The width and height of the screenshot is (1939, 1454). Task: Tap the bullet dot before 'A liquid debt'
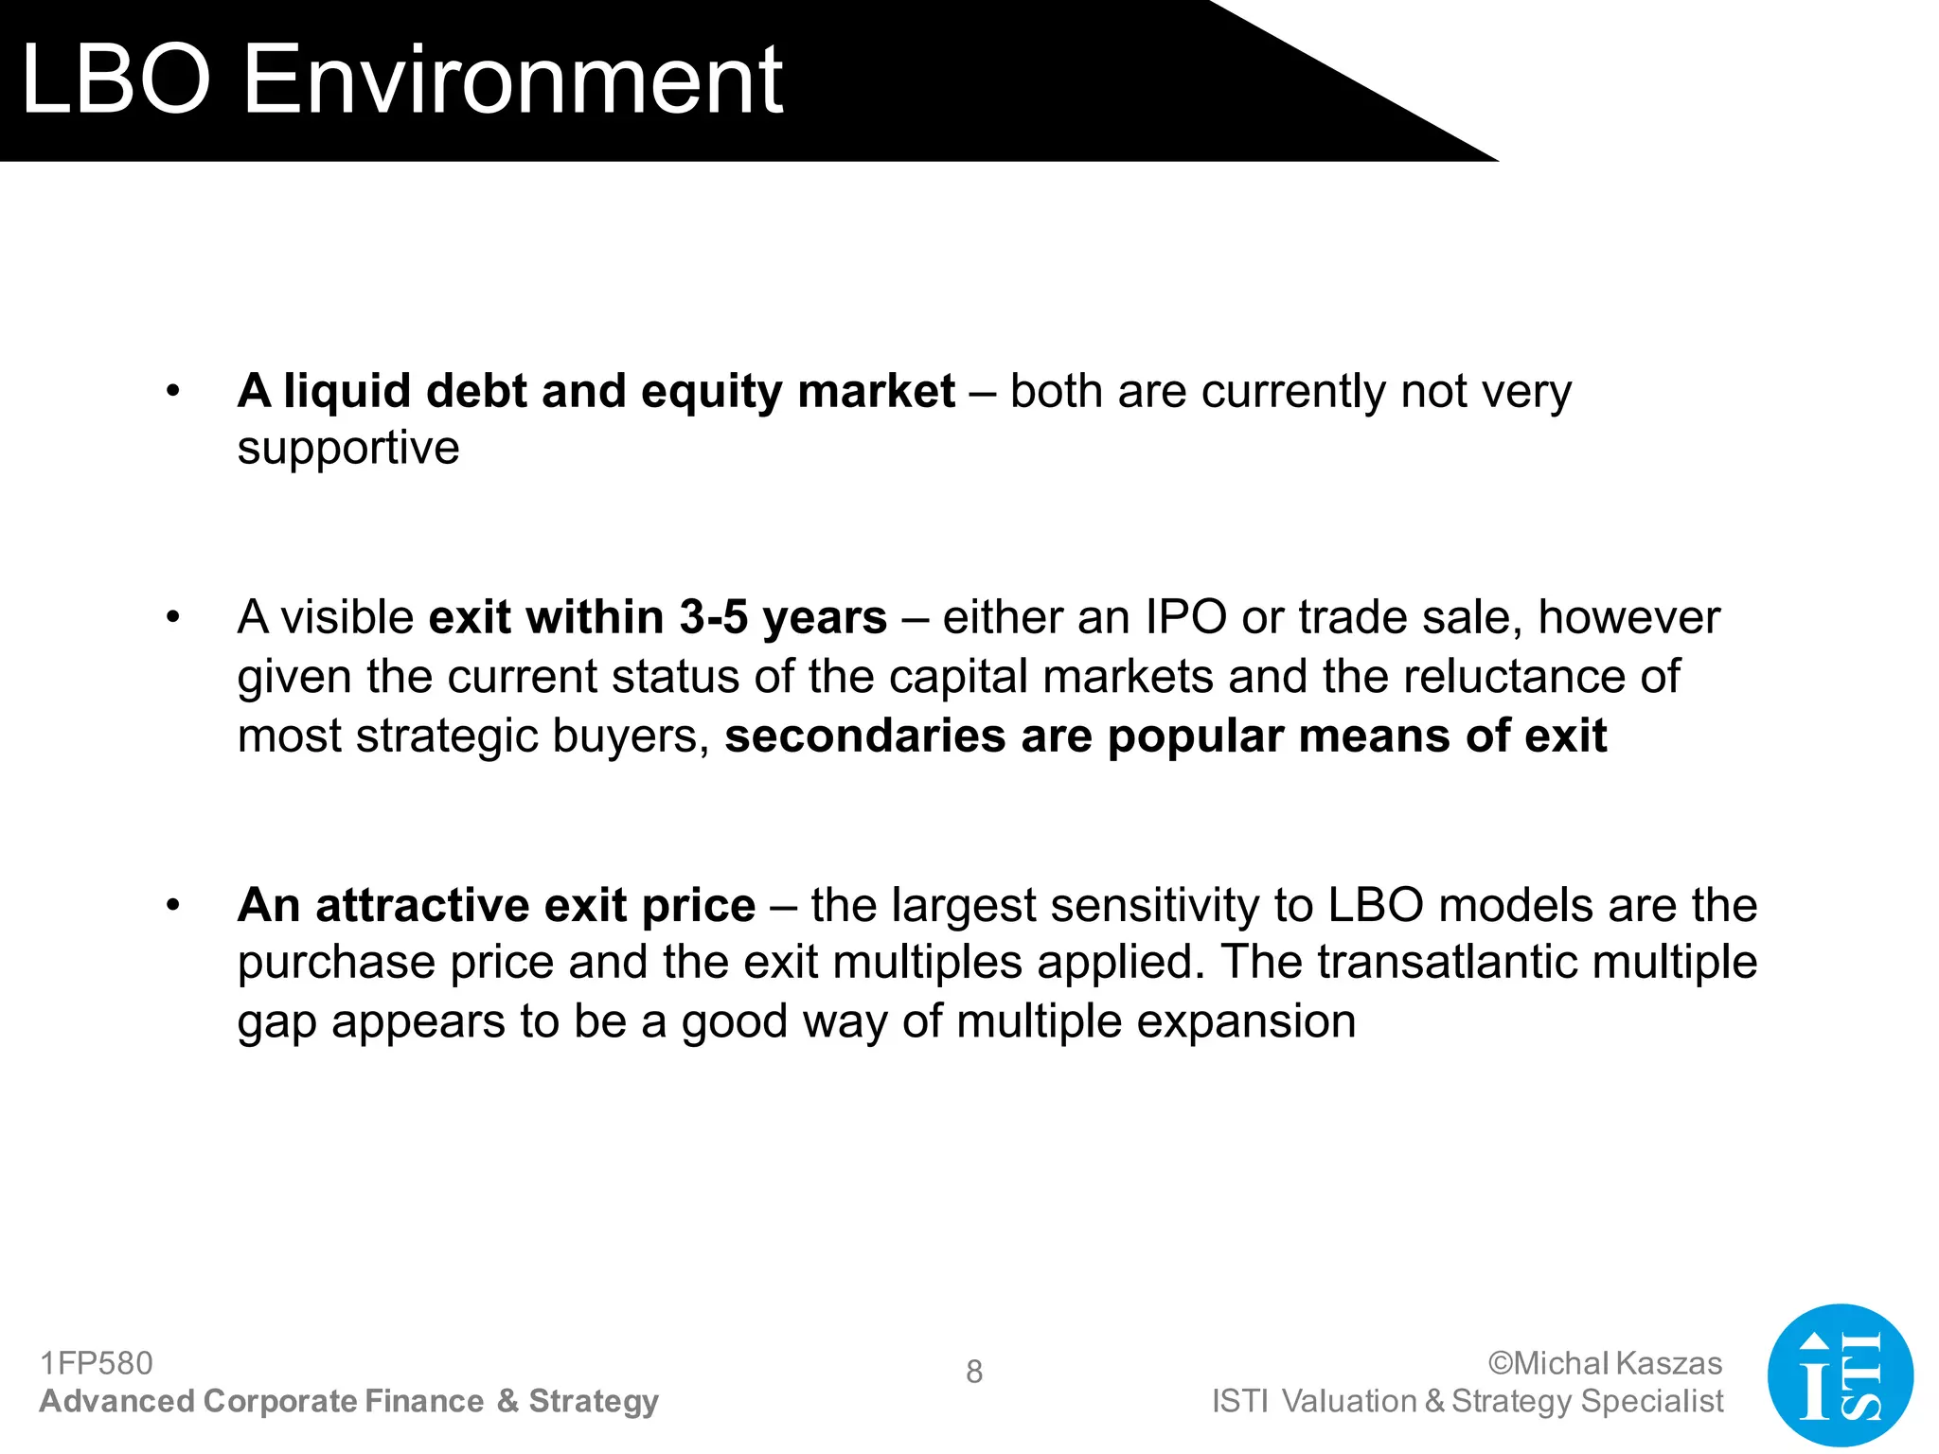(172, 391)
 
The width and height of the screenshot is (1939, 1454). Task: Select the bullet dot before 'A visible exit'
(172, 617)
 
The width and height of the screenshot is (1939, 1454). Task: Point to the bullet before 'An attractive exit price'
(172, 905)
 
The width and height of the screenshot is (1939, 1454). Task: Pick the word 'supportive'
(347, 448)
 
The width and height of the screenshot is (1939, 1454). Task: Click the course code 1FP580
(96, 1363)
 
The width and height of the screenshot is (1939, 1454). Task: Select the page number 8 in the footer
(973, 1372)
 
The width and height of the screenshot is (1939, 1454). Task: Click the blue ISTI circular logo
(1840, 1374)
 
